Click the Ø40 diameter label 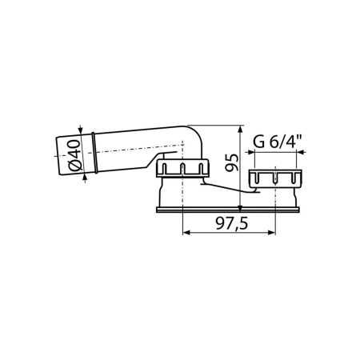[74, 155]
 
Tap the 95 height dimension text [231, 162]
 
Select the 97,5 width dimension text [232, 223]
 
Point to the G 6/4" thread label [278, 142]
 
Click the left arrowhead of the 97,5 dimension [186, 233]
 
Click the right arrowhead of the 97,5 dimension [271, 233]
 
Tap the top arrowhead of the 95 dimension [240, 129]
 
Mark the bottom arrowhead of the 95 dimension [240, 208]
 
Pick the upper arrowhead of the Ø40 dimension [81, 130]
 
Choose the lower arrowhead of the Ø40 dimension [85, 178]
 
